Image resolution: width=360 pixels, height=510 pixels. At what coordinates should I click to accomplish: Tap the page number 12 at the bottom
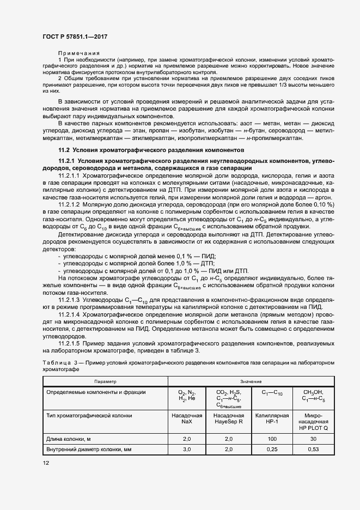(46, 463)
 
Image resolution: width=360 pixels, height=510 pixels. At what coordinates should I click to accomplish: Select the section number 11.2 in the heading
(64, 150)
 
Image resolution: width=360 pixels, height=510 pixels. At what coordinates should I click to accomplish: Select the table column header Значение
(251, 381)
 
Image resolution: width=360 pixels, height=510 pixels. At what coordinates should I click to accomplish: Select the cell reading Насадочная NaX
(186, 418)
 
